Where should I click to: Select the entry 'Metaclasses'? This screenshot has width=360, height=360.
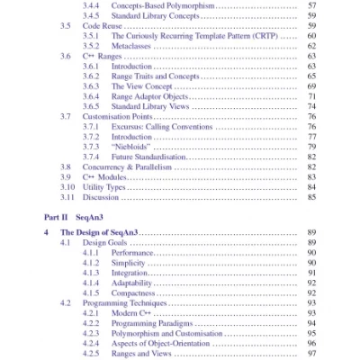point(131,45)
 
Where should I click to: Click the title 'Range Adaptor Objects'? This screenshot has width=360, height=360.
point(150,96)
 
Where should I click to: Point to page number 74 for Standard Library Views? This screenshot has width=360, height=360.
point(310,106)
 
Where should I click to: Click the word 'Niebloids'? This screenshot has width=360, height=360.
point(130,147)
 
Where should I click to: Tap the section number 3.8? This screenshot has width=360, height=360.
point(65,166)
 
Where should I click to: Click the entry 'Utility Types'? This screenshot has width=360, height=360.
point(104,187)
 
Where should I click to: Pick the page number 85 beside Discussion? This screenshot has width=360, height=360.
point(310,197)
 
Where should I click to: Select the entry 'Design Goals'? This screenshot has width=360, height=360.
point(106,243)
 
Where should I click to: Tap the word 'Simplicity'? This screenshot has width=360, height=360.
point(130,263)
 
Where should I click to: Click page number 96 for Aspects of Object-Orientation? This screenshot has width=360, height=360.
point(310,344)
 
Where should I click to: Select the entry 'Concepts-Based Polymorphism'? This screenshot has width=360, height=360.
point(162,4)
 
